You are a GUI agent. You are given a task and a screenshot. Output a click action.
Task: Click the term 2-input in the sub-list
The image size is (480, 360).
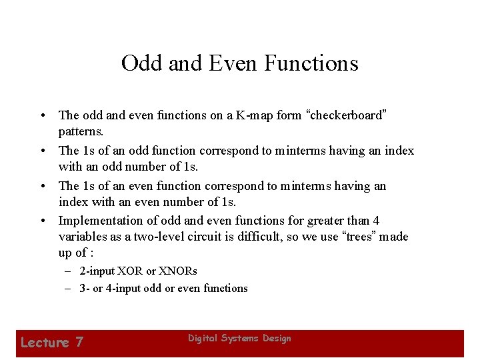click(97, 271)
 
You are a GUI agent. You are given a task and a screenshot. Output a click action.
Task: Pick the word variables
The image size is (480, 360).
click(82, 237)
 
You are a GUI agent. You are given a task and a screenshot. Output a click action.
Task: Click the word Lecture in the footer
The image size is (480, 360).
click(45, 343)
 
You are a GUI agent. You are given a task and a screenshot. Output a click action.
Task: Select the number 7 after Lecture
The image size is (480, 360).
click(79, 343)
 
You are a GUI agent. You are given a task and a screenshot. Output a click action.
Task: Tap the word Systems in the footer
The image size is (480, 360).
click(239, 339)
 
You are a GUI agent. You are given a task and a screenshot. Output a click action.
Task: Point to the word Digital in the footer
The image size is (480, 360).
click(202, 339)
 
